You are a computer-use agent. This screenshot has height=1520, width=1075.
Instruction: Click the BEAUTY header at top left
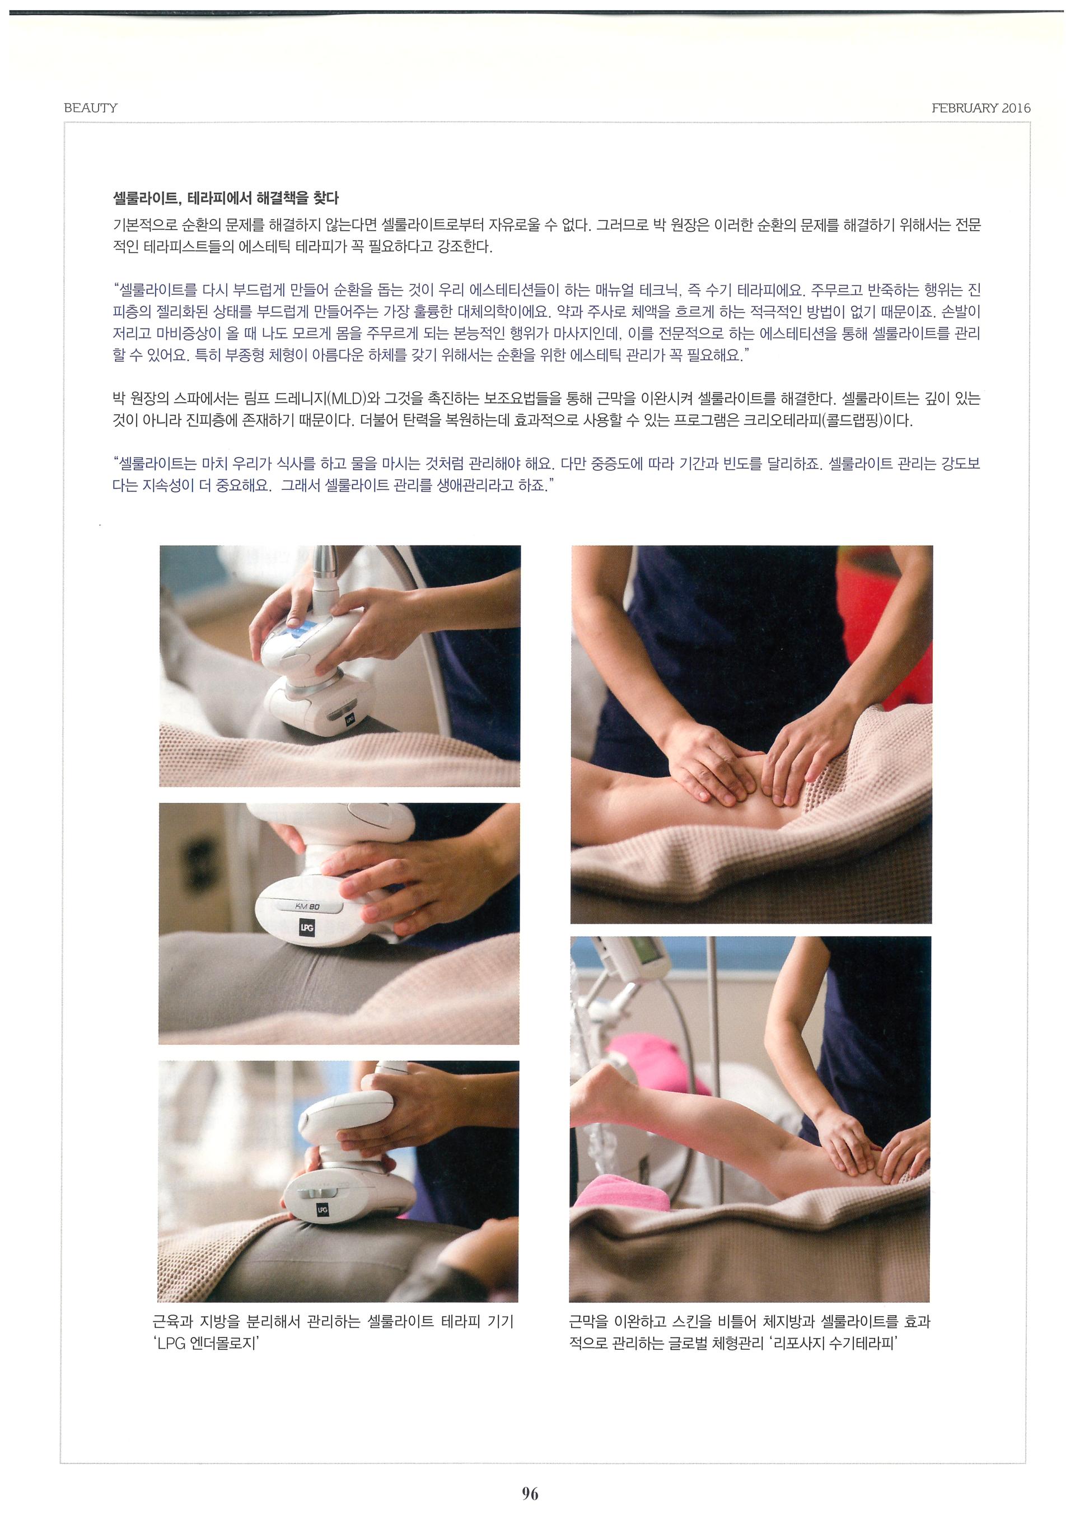(91, 108)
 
